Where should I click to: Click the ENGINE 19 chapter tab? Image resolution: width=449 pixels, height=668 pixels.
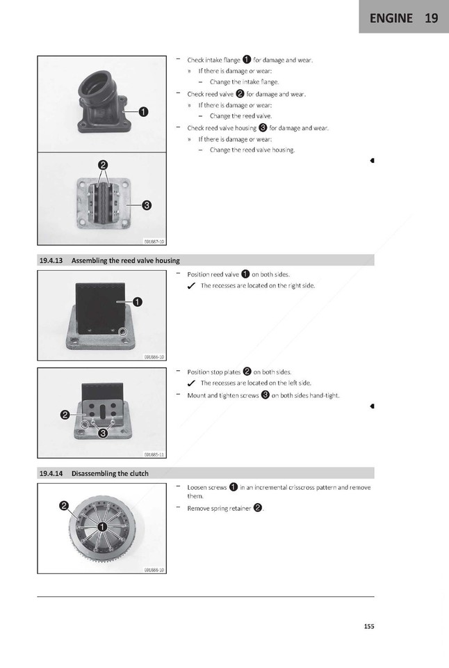[404, 18]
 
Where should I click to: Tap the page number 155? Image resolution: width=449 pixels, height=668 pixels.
[368, 626]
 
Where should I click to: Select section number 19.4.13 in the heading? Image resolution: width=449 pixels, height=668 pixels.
[50, 260]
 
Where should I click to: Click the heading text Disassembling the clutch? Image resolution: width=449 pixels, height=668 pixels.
[110, 473]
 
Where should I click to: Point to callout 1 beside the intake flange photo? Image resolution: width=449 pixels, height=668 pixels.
[144, 111]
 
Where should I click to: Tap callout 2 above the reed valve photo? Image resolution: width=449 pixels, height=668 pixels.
[103, 165]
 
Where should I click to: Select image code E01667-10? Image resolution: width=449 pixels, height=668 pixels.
[154, 241]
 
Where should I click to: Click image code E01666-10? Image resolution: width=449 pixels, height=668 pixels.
[154, 356]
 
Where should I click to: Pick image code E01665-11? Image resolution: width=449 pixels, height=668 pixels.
[154, 454]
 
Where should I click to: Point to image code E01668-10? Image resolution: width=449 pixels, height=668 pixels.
[154, 569]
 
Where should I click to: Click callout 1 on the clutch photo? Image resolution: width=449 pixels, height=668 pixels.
[101, 527]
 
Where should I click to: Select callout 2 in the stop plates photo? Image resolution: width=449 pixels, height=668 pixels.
[64, 415]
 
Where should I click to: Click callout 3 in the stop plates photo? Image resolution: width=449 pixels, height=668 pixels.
[103, 434]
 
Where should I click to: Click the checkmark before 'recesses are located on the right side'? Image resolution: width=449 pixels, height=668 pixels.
[191, 286]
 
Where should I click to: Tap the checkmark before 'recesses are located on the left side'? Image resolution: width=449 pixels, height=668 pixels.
[191, 383]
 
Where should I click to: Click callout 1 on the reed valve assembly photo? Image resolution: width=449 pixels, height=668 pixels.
[138, 301]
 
